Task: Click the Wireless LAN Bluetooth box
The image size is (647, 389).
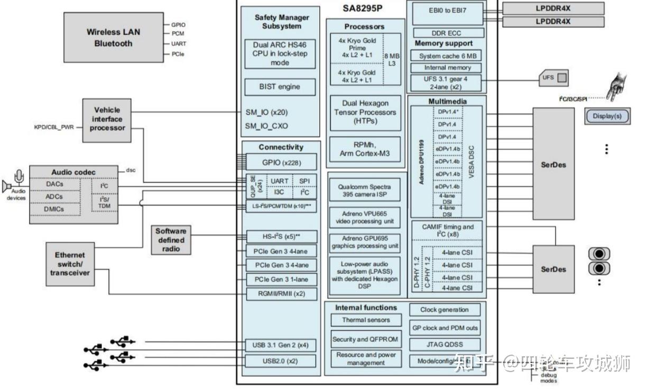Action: (113, 38)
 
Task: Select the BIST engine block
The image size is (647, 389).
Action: (280, 87)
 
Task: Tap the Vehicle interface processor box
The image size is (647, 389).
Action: (107, 119)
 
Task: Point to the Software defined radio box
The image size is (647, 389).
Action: (171, 239)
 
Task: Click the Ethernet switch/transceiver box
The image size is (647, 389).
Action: (70, 264)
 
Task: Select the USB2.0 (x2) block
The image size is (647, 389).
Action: (281, 361)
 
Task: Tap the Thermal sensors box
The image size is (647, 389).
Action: (366, 320)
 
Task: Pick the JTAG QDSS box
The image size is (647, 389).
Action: (445, 344)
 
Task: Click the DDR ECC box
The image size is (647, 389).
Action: (446, 33)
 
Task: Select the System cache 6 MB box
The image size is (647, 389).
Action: (447, 55)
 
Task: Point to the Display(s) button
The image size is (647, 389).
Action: (607, 116)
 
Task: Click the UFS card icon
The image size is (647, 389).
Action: (553, 78)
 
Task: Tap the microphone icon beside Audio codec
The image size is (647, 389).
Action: (20, 176)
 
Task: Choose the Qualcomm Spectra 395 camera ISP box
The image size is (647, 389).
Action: (365, 190)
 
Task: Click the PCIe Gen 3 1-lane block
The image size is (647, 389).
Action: (282, 279)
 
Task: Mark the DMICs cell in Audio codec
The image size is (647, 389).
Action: (54, 209)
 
